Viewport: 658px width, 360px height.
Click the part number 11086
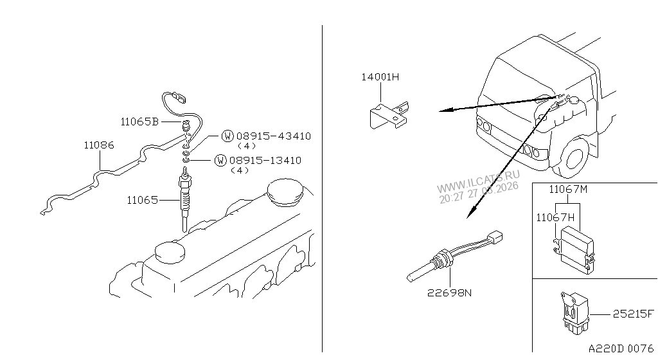click(x=98, y=145)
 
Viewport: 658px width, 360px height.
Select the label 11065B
click(x=139, y=122)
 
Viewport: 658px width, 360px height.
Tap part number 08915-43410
click(x=273, y=136)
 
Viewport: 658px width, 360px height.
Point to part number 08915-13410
click(x=265, y=160)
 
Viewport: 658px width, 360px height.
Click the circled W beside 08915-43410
click(x=227, y=136)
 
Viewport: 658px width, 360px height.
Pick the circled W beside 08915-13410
click(x=220, y=160)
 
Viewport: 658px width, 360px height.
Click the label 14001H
click(x=380, y=77)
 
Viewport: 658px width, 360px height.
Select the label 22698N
click(x=449, y=292)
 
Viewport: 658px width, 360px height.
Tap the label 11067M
click(x=568, y=190)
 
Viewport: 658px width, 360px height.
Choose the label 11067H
click(x=555, y=217)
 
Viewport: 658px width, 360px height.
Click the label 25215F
click(x=633, y=314)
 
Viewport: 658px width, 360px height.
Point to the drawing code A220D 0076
click(x=621, y=348)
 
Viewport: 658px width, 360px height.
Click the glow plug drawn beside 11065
click(x=184, y=199)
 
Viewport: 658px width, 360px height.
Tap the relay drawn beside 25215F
click(x=574, y=313)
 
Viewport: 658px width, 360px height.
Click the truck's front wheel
click(x=575, y=157)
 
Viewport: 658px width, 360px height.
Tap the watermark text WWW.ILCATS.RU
click(x=478, y=181)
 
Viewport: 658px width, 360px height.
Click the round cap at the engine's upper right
click(x=285, y=192)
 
